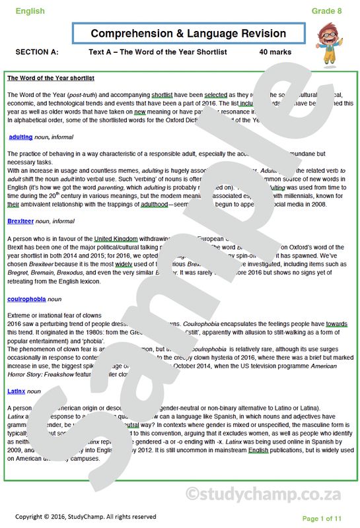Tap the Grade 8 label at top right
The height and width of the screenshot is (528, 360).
[328, 11]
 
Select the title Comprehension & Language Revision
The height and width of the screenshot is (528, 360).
[188, 34]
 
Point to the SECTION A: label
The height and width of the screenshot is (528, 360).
[36, 51]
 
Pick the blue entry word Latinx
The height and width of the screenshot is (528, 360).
[17, 391]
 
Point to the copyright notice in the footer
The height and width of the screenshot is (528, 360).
[86, 516]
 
